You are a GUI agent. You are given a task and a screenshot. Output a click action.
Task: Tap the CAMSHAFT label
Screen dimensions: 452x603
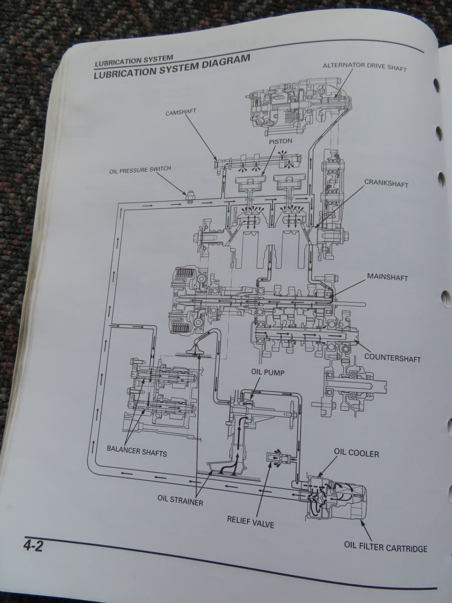point(180,112)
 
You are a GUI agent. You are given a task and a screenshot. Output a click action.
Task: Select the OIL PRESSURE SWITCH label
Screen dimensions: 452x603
point(140,170)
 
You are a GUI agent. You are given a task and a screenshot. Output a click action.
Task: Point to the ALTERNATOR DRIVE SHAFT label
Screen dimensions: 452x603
point(365,67)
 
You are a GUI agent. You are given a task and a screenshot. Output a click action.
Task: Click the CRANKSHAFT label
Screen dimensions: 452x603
point(386,183)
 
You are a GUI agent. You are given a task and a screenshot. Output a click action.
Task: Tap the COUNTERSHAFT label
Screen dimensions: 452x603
point(392,358)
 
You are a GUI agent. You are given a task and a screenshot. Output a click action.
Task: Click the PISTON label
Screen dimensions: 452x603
point(280,142)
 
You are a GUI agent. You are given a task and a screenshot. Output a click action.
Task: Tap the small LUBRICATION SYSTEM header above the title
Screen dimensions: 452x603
point(134,61)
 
